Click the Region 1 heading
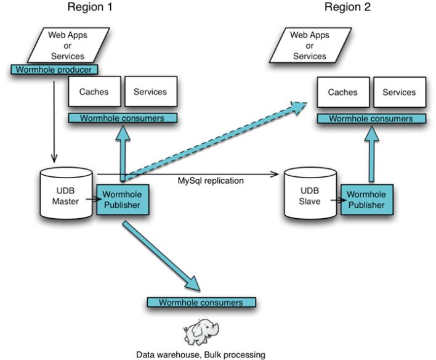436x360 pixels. point(93,8)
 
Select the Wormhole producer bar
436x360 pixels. point(54,70)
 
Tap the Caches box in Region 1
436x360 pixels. point(94,92)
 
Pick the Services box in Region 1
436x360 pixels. point(150,92)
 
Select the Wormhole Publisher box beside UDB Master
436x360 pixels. point(122,198)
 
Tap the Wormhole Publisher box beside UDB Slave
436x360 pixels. point(366,198)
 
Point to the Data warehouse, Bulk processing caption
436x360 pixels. point(200,354)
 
